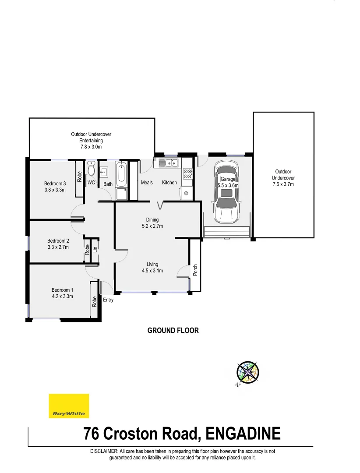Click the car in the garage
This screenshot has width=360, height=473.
coord(226,191)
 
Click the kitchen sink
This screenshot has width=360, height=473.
coord(168,163)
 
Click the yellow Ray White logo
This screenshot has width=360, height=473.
coord(69,406)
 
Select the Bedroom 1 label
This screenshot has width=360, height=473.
coord(62,290)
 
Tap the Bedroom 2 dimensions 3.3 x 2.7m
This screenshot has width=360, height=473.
coord(58,247)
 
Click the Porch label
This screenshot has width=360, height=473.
coord(195,270)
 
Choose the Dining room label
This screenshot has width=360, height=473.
coord(152,220)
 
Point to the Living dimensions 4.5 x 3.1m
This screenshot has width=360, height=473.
coord(152,271)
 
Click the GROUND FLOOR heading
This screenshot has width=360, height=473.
coord(173,331)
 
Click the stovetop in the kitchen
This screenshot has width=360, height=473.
coord(187,174)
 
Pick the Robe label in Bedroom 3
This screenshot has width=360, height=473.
coord(80,176)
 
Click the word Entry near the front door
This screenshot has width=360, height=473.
coord(108,300)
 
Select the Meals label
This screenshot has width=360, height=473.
coord(147,183)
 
